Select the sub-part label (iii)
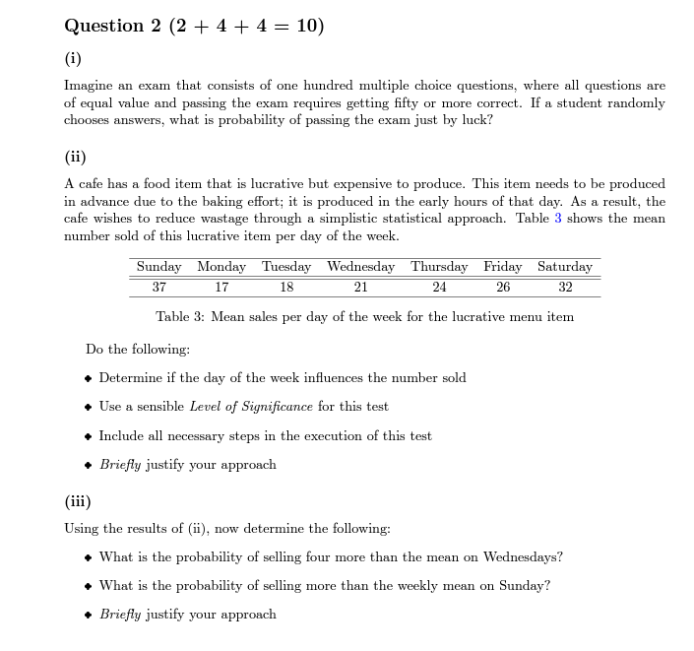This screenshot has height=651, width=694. [x=78, y=499]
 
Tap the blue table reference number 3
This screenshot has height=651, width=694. [x=558, y=218]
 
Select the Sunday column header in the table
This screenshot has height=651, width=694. [x=158, y=267]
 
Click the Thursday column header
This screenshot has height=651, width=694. [x=439, y=267]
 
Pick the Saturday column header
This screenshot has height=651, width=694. [x=564, y=267]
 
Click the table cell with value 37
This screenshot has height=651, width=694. [x=158, y=287]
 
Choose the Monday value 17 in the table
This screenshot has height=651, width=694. [x=221, y=287]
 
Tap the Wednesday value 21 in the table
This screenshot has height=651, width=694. [x=360, y=287]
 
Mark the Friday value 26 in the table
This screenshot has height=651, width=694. [x=502, y=287]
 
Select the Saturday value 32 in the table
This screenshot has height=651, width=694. [x=564, y=287]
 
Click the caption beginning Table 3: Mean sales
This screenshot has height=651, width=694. [x=364, y=316]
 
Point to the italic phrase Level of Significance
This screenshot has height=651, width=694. [x=251, y=406]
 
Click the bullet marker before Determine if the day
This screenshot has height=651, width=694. [x=89, y=378]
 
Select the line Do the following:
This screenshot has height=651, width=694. [x=138, y=349]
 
